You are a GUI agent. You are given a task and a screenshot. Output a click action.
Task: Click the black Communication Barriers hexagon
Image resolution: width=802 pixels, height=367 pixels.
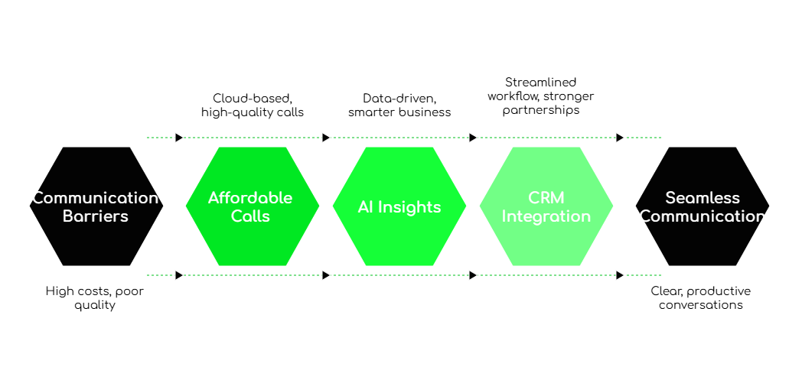(96, 206)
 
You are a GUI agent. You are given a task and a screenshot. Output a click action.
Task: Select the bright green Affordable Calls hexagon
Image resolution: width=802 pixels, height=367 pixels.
(253, 206)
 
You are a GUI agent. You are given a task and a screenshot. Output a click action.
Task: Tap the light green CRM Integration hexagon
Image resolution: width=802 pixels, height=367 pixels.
(546, 206)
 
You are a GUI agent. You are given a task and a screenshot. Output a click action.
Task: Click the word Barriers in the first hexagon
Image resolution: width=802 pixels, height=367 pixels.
(96, 216)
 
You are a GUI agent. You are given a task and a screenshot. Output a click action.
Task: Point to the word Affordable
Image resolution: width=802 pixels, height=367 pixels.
(250, 198)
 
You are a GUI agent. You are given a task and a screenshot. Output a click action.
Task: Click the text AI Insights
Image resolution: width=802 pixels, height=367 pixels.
(399, 207)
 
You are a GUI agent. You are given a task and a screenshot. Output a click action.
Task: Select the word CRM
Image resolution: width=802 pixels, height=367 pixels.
(546, 198)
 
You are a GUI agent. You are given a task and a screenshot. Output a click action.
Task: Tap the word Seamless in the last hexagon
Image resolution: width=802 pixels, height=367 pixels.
(703, 198)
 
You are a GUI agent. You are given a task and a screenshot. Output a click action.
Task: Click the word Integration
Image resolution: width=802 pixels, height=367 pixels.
(546, 216)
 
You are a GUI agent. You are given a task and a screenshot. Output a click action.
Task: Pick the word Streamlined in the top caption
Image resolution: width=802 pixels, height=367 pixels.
(540, 83)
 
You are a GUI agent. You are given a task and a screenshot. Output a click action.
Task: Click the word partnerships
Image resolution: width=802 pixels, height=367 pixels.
(540, 110)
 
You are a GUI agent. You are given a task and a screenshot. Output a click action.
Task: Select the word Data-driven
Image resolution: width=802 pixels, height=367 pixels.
(399, 98)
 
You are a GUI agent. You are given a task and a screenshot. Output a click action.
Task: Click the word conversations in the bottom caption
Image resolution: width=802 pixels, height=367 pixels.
(701, 305)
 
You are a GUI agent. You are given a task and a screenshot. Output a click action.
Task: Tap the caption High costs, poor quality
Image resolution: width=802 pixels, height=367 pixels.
(95, 298)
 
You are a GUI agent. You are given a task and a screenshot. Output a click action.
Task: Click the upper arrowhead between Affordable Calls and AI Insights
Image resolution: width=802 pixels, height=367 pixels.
(326, 138)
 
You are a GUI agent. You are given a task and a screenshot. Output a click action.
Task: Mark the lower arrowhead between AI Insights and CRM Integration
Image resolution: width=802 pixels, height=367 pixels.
(473, 275)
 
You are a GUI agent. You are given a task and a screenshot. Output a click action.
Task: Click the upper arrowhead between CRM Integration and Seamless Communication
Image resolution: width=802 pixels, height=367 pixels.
(620, 138)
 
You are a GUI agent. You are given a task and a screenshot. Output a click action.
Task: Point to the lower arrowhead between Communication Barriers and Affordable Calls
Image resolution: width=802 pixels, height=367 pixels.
(179, 275)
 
